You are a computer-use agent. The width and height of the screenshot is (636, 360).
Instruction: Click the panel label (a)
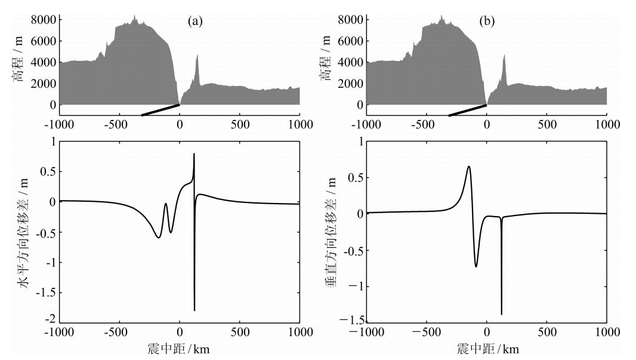click(x=195, y=21)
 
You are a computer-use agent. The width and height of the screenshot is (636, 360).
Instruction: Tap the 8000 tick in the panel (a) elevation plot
click(x=44, y=20)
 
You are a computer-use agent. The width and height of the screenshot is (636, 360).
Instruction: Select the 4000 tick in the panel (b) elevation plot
click(x=351, y=62)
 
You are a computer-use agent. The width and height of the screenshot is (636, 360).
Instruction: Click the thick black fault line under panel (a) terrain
click(x=160, y=110)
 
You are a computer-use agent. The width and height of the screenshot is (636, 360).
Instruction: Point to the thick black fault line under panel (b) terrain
click(x=467, y=110)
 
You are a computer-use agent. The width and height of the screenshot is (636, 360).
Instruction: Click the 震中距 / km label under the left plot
click(x=180, y=348)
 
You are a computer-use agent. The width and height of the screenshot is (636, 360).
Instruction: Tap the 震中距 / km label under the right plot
click(x=486, y=348)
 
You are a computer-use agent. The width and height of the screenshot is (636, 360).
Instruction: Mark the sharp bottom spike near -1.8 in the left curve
click(x=194, y=310)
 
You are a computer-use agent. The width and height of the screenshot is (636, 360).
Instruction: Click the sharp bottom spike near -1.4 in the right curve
click(x=502, y=313)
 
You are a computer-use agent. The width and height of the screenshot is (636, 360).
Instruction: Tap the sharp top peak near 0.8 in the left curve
click(x=194, y=155)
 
